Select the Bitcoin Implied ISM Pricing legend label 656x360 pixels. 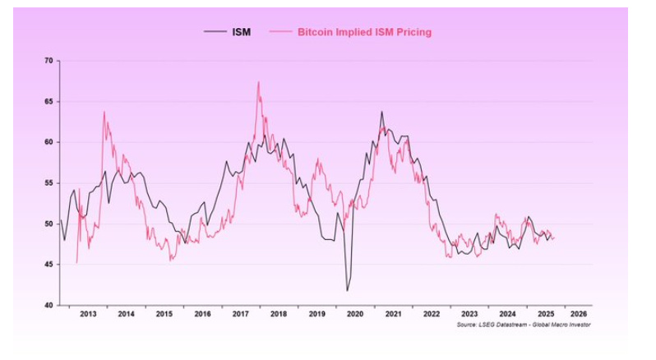(364, 32)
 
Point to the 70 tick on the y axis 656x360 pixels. (49, 62)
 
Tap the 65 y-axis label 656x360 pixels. (49, 102)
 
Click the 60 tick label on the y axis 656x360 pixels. (49, 142)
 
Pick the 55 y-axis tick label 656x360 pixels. (49, 183)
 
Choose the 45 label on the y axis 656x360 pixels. (49, 265)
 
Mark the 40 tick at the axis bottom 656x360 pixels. (49, 305)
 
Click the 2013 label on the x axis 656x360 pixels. (89, 314)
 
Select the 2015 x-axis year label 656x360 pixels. (164, 314)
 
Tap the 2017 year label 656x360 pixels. (240, 314)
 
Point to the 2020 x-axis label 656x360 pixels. (354, 314)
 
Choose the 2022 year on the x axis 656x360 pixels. (430, 314)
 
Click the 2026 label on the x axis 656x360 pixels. (578, 314)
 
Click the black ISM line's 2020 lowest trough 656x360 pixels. (347, 290)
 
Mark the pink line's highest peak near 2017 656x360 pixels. (258, 81)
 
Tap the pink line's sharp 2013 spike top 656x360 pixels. (104, 111)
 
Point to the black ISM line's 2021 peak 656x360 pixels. (381, 112)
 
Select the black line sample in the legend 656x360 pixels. (215, 32)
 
